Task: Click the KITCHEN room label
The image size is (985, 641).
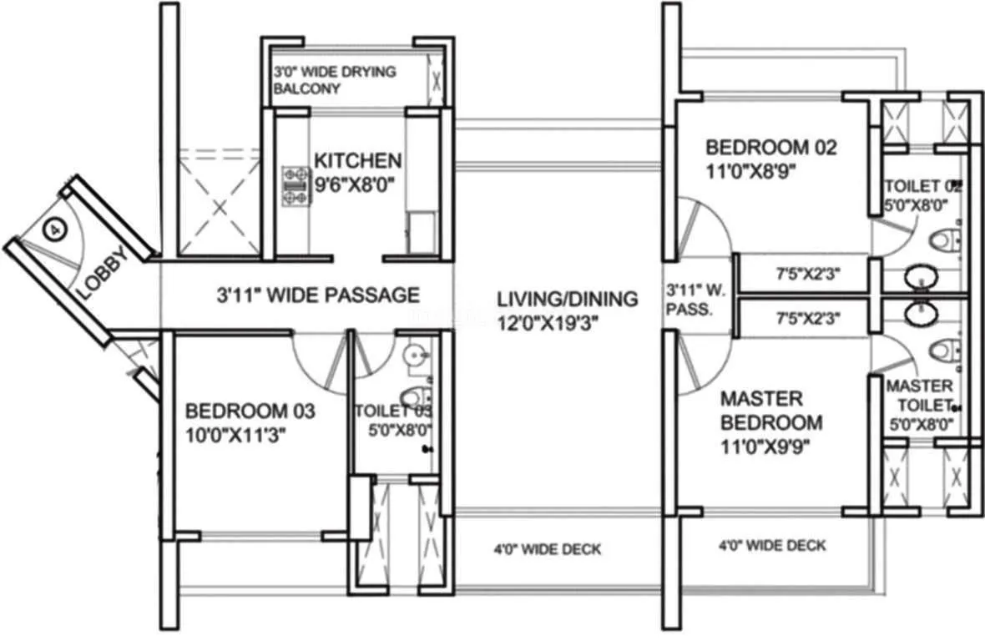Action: (357, 159)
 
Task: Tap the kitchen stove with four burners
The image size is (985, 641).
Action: (295, 186)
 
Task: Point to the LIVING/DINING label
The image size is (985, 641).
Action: (567, 298)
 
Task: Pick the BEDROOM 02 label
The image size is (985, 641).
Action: (770, 148)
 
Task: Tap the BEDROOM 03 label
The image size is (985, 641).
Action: (250, 411)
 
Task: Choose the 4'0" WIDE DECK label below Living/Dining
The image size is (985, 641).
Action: (546, 549)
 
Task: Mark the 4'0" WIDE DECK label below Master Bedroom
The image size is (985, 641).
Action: (772, 546)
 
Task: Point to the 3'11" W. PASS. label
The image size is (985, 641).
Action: (689, 299)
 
